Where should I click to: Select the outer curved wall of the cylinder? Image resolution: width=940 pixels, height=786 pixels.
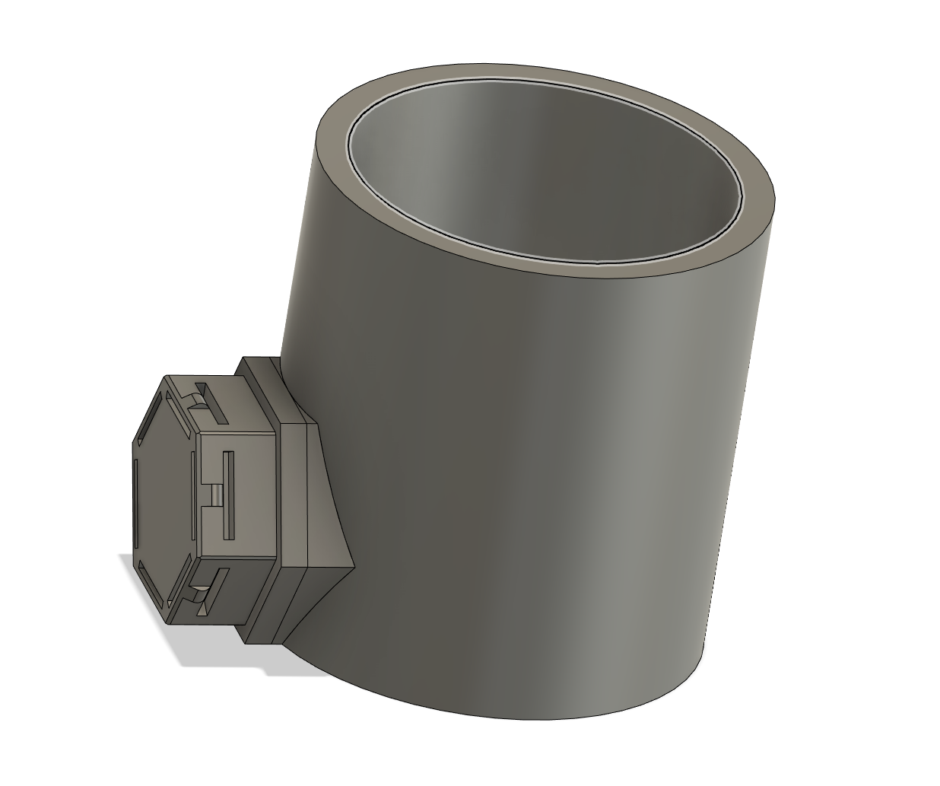(532, 457)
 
